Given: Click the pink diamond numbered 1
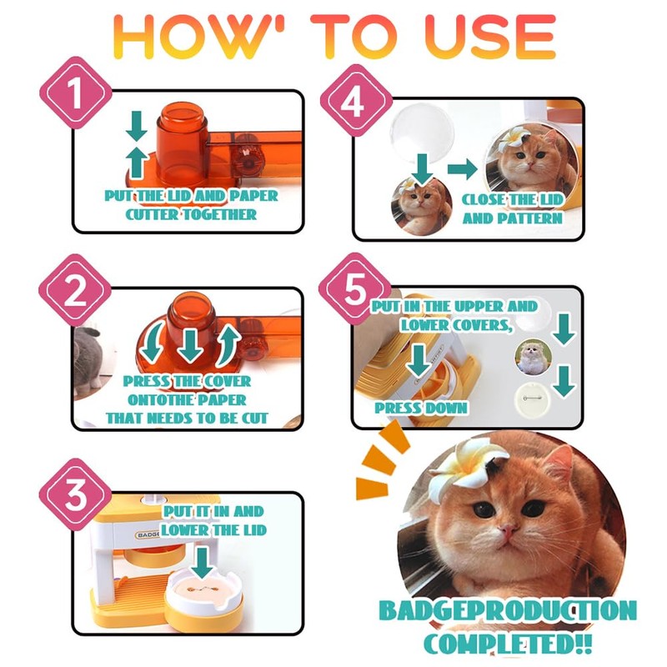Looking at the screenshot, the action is tap(76, 93).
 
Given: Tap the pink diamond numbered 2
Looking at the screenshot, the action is tap(75, 291).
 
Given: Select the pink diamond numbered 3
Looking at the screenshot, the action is tap(76, 494).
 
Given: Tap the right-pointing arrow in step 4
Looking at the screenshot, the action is tap(463, 169).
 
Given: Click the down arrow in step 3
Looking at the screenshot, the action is tap(202, 563).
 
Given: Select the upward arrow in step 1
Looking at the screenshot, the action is tap(137, 162).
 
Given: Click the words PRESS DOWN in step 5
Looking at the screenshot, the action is tap(421, 408).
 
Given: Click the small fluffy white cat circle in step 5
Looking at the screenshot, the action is tap(533, 358).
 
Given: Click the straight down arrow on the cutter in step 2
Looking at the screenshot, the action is tap(190, 344).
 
